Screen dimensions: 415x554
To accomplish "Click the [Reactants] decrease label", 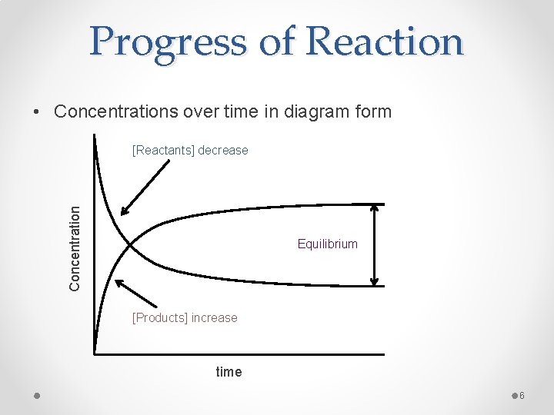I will click(190, 151).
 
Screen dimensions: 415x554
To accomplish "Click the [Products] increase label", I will click(185, 317).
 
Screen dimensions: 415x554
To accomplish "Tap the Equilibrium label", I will click(328, 244).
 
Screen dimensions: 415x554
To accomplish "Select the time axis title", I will click(229, 372).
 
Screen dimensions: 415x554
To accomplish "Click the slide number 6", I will click(521, 396).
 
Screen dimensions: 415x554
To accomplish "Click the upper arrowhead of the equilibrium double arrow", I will click(375, 208).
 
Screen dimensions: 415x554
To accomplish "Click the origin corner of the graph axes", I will click(95, 354).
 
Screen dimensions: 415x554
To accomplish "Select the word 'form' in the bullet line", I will click(374, 111).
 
